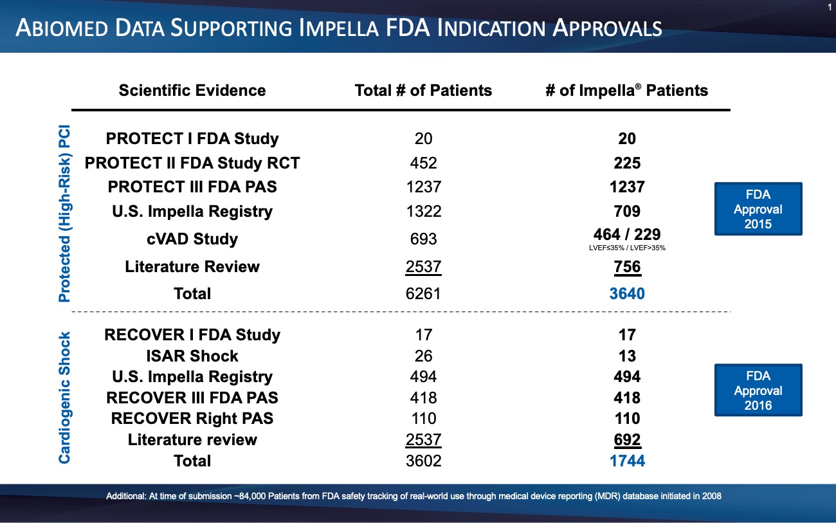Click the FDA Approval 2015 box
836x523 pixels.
[758, 210]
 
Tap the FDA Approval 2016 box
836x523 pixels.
[758, 390]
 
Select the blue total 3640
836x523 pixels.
[627, 294]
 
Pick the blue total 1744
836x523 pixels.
[627, 461]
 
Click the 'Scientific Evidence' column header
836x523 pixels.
[192, 90]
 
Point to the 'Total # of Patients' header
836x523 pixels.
[423, 90]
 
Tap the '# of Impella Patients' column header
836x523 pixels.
[626, 90]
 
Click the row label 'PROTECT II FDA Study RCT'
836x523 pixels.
[192, 163]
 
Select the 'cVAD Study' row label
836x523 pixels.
[192, 239]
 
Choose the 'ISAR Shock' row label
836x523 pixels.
[192, 356]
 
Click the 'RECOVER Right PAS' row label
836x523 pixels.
[192, 418]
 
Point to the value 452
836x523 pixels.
[423, 163]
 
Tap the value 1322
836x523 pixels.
[423, 212]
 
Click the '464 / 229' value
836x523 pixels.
[627, 235]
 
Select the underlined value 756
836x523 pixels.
[627, 266]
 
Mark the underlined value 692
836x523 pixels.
[627, 440]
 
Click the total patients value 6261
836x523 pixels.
[423, 294]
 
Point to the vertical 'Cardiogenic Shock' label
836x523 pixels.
[65, 398]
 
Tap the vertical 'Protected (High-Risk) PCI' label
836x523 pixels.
[65, 214]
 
